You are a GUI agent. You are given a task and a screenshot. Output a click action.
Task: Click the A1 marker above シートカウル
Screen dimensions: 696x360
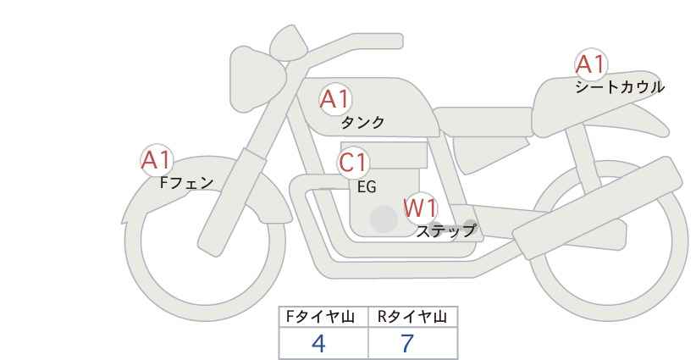pos(591,64)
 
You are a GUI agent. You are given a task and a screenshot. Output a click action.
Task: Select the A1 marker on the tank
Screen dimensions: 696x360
pos(335,99)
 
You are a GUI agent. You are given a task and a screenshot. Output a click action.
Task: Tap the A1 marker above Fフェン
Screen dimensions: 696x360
pos(156,160)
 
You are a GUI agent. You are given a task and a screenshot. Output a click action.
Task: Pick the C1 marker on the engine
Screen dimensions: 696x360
pos(353,163)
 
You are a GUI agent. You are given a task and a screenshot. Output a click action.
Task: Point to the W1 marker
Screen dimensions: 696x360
pos(420,208)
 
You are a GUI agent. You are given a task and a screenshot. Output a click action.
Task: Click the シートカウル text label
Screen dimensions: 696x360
pos(620,87)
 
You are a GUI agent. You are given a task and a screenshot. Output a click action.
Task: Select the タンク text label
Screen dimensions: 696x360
pos(362,122)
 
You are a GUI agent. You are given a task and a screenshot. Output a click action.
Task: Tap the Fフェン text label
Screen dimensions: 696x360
pos(186,183)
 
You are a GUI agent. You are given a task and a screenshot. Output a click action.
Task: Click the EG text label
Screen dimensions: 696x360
pos(367,187)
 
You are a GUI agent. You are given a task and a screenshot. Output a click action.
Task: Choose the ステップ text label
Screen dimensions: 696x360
pos(445,231)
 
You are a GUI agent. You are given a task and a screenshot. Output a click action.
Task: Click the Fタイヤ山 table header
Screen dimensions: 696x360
pos(320,317)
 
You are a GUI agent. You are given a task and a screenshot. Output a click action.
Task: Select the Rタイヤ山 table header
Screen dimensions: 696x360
pos(412,317)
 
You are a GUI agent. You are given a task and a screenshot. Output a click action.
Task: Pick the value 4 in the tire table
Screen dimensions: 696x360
pos(318,343)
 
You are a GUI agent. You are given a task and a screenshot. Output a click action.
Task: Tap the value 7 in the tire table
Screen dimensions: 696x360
pos(407,343)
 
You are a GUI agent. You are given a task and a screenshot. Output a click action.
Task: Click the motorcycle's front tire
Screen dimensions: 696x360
pos(133,266)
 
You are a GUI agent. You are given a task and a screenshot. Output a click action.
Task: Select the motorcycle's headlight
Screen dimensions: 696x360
pos(255,79)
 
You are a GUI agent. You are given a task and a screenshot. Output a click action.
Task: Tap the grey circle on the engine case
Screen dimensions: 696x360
pos(384,219)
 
